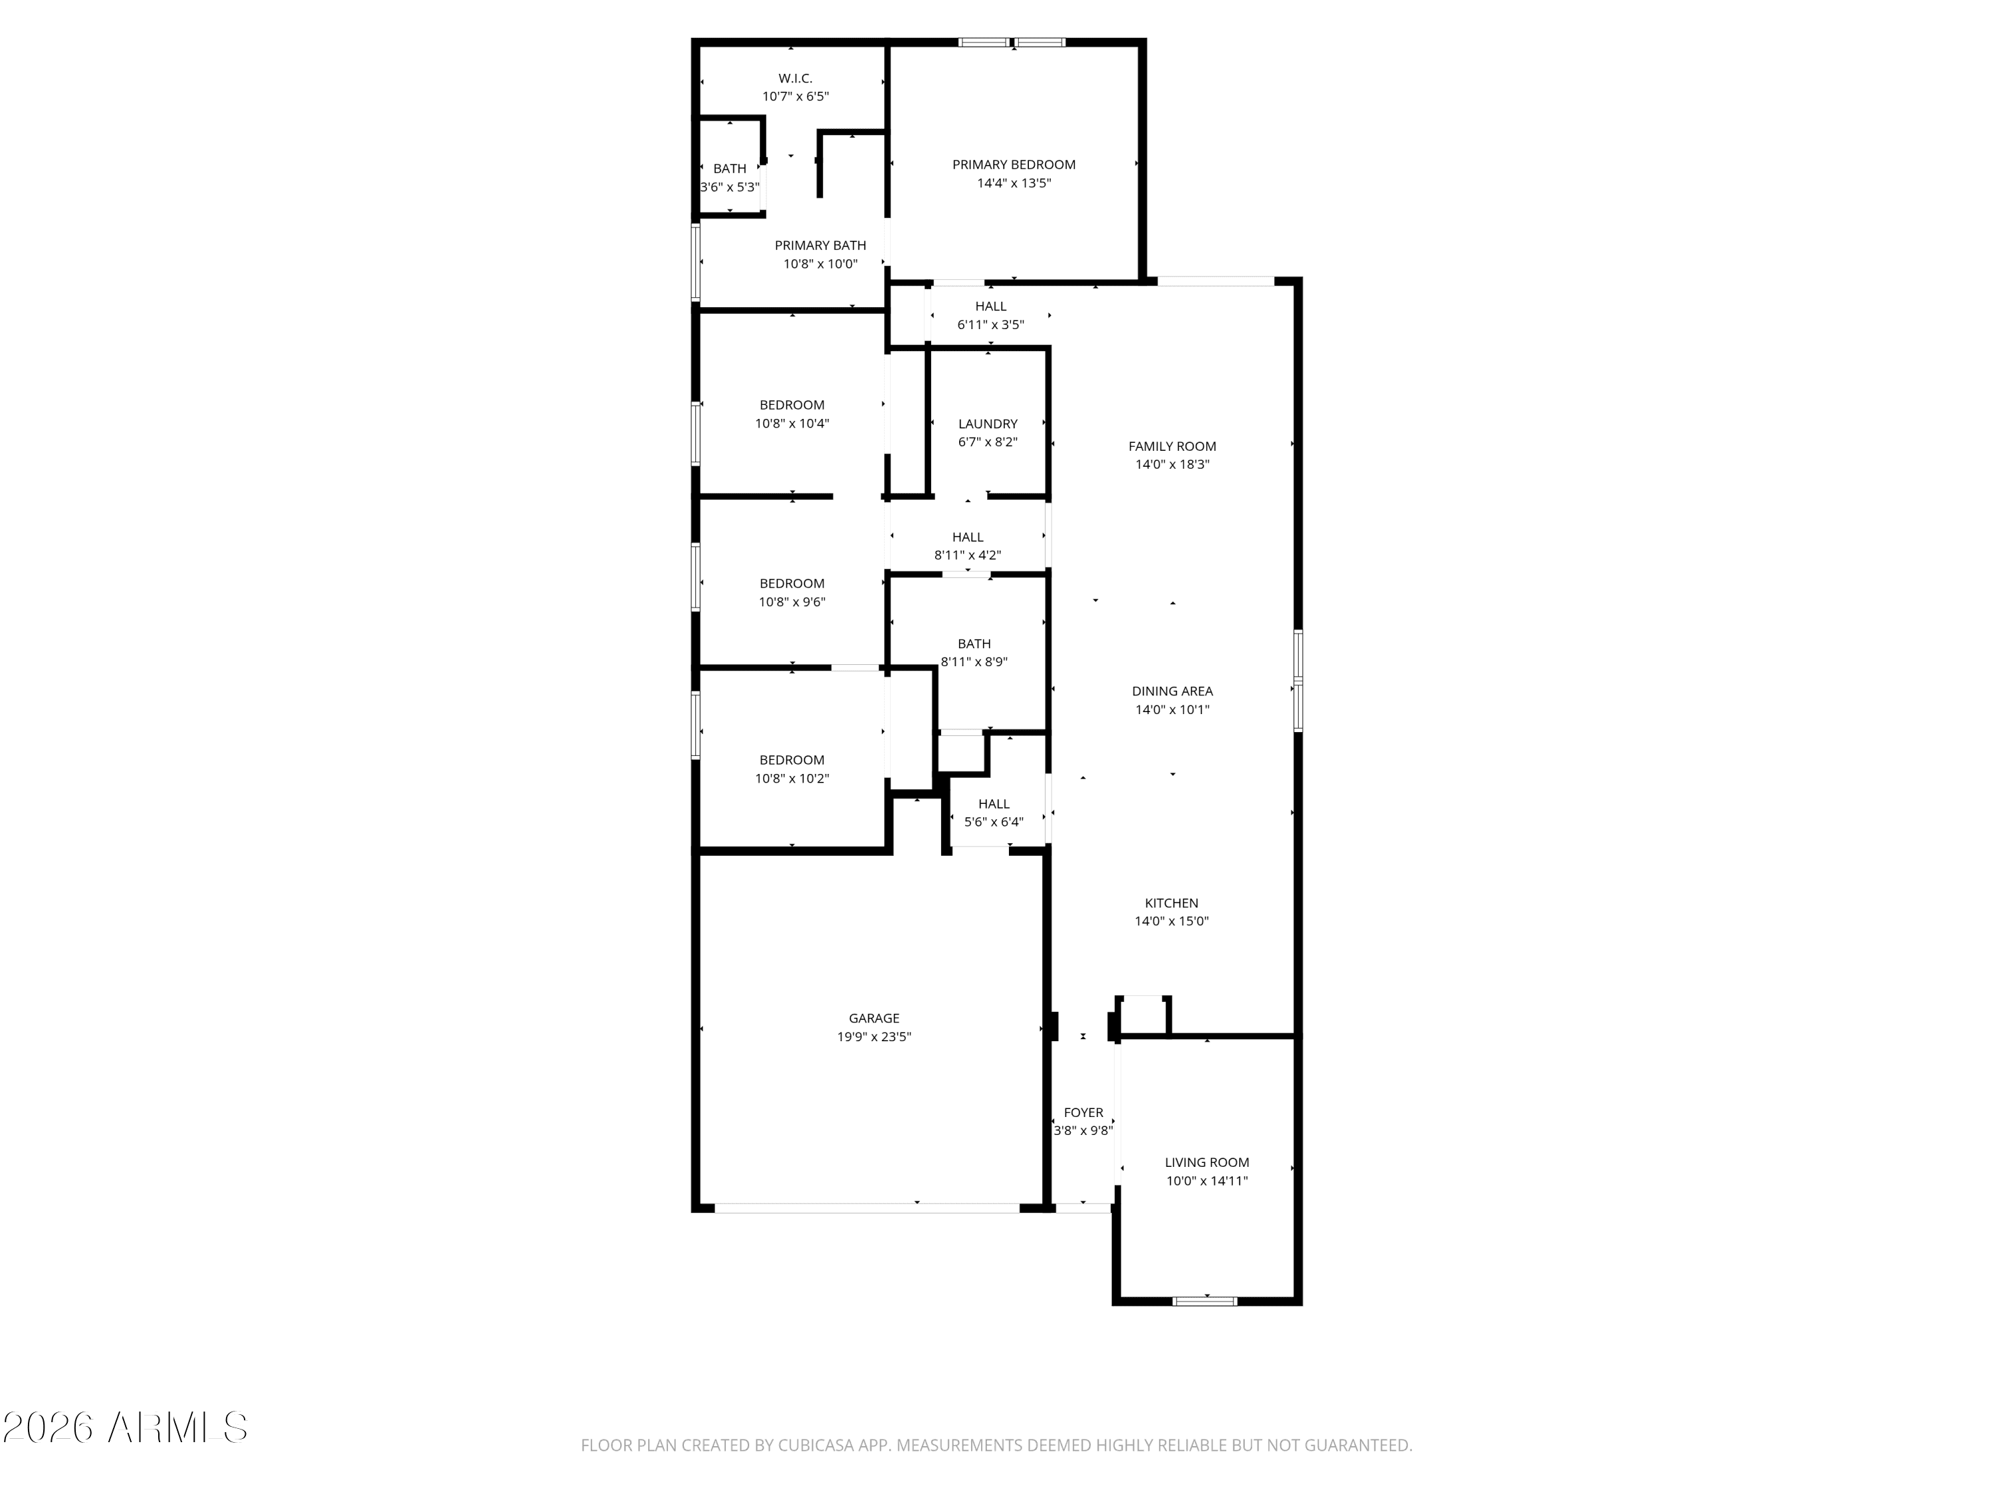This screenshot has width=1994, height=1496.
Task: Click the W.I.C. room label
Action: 795,78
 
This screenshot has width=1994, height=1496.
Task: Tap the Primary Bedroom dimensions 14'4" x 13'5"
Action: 1014,183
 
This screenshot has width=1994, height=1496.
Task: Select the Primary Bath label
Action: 820,245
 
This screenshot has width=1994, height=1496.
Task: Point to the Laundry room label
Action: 988,424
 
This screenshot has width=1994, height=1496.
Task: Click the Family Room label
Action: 1172,446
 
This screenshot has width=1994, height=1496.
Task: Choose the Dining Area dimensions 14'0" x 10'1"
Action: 1172,709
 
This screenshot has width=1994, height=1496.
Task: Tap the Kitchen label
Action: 1171,903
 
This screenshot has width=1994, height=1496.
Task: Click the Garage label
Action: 873,1018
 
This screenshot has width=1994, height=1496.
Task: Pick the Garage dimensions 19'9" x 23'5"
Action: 873,1037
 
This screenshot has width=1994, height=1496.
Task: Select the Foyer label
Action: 1083,1113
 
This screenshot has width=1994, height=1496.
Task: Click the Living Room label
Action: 1206,1162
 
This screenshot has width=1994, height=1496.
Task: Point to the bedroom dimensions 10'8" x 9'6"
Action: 792,602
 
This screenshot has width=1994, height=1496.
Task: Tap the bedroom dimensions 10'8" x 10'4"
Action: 792,424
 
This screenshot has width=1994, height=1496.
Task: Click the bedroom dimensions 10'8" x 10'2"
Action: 792,778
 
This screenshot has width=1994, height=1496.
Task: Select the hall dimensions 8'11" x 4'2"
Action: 967,555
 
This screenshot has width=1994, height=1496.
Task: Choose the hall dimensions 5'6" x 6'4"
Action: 994,822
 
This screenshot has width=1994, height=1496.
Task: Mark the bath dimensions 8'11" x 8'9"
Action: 974,662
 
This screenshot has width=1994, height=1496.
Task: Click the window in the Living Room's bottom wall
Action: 1205,1301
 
